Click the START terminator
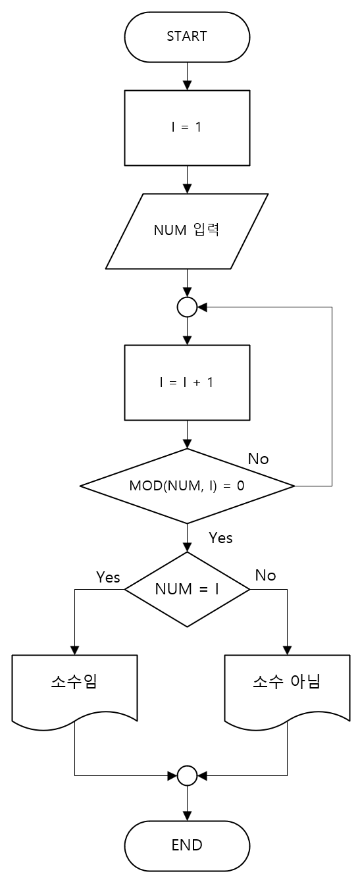(187, 36)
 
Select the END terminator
(187, 845)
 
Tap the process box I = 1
(187, 127)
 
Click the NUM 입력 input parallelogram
(187, 231)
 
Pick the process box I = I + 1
(187, 382)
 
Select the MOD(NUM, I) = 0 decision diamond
(187, 486)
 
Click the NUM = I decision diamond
(187, 589)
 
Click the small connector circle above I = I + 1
(187, 307)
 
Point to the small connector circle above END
(187, 775)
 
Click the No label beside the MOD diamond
(258, 459)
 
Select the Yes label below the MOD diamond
(220, 538)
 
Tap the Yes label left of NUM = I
(108, 577)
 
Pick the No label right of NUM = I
(265, 575)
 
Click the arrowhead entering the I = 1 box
(187, 86)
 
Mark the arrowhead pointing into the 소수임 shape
(74, 650)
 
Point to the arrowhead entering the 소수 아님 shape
(287, 650)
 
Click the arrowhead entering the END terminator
(187, 817)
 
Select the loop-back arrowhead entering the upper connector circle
(201, 307)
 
